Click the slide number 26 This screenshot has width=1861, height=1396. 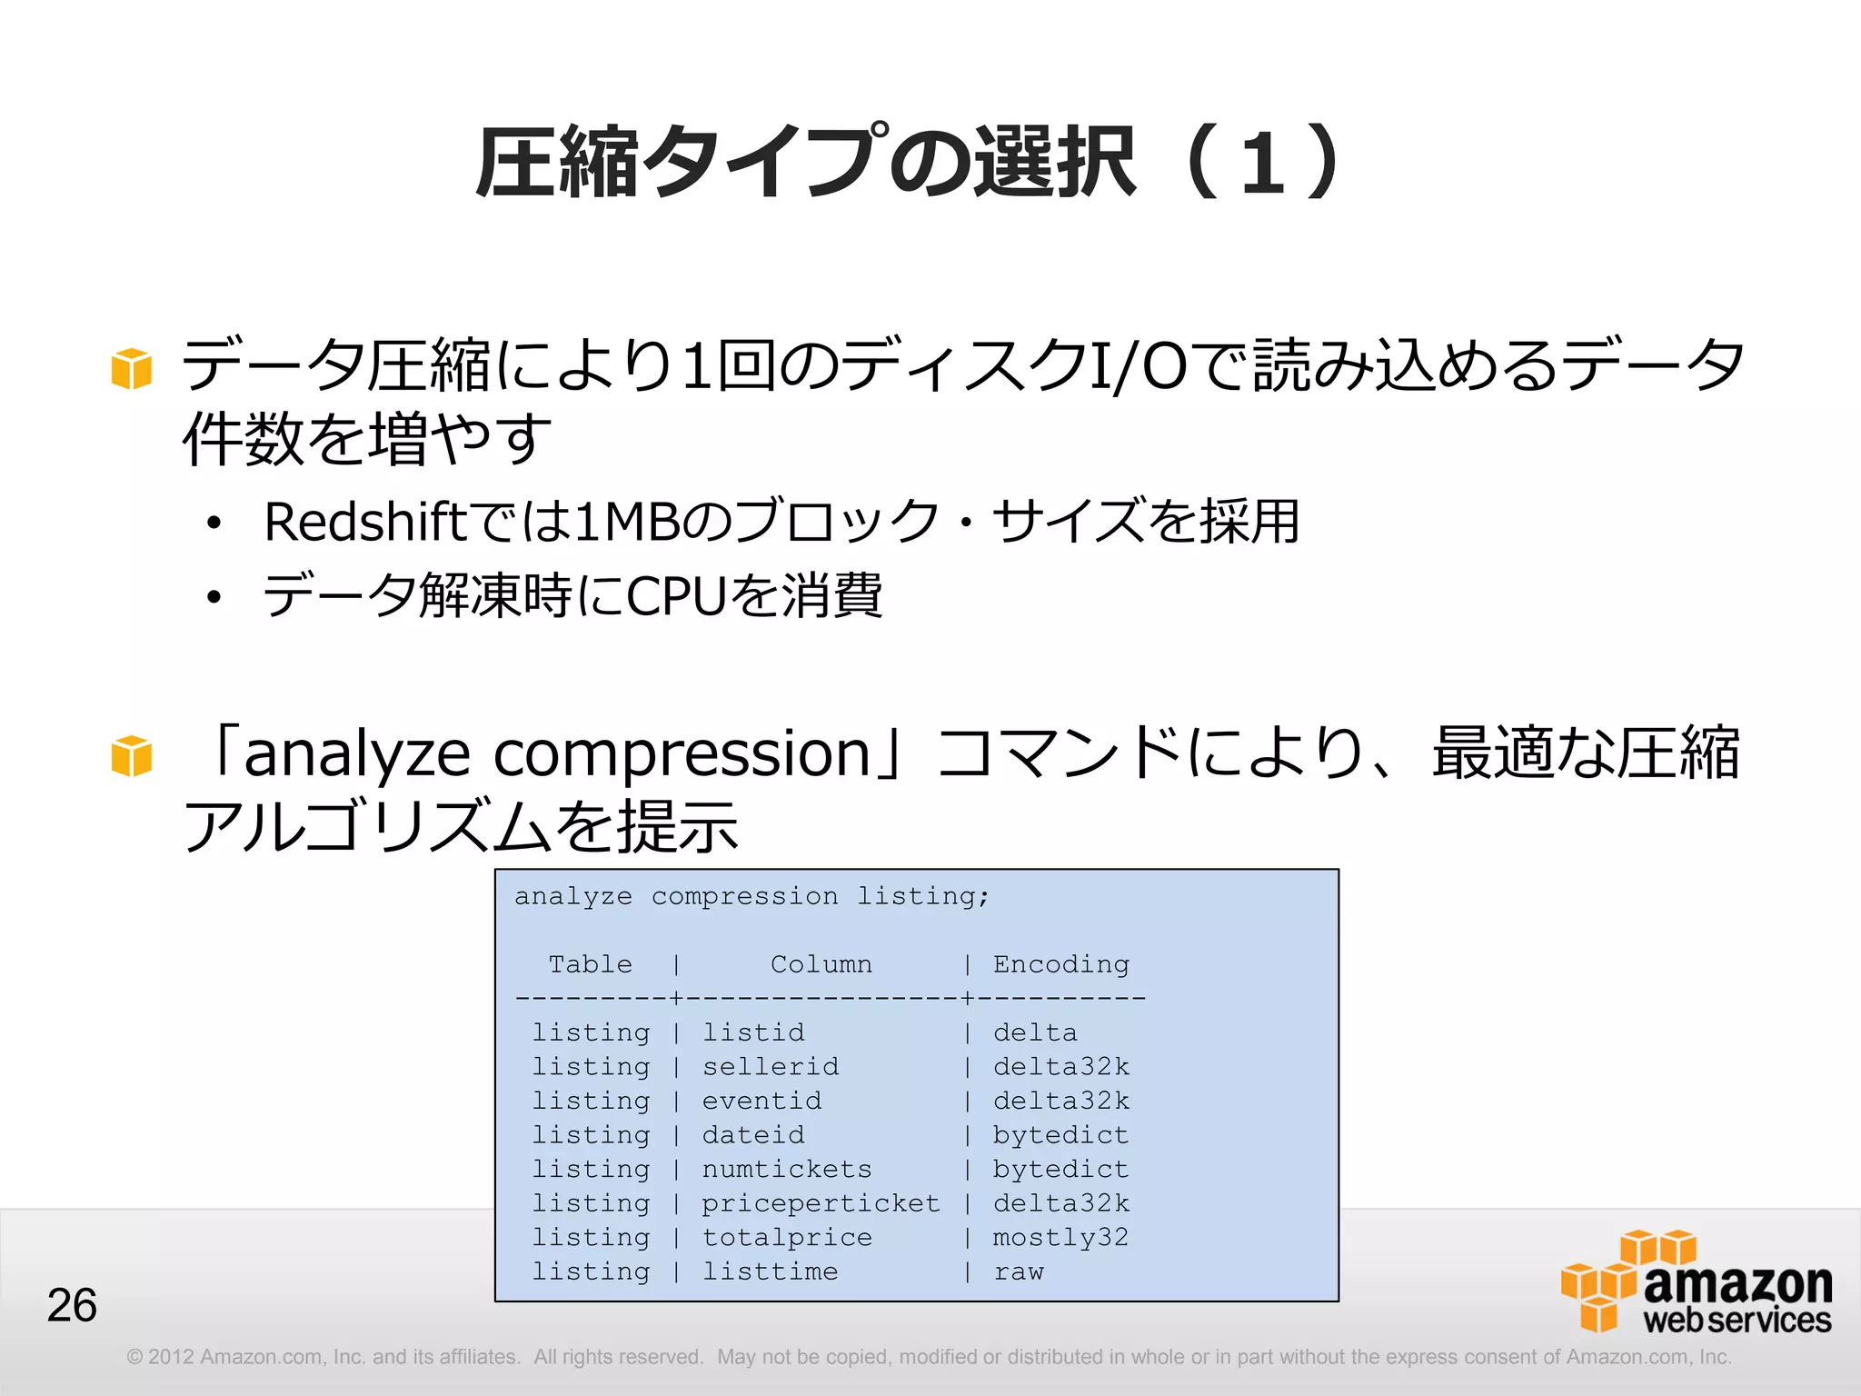click(72, 1305)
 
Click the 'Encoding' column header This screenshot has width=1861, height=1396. click(1060, 964)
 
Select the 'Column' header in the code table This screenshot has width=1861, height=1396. click(821, 964)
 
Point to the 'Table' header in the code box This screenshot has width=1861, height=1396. click(590, 964)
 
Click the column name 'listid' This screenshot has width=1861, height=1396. click(753, 1032)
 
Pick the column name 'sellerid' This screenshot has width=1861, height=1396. click(771, 1067)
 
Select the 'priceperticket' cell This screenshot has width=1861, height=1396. click(821, 1203)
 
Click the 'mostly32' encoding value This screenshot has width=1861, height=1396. click(1060, 1238)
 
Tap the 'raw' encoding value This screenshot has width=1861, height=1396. click(1019, 1271)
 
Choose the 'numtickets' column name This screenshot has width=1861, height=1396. click(787, 1170)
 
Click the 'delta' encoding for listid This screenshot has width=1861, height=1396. click(1035, 1032)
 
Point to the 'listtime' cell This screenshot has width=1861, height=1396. click(771, 1271)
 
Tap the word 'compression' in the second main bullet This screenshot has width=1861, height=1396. click(682, 754)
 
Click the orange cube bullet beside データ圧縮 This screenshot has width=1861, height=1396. click(131, 369)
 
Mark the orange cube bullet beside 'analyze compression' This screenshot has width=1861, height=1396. click(131, 756)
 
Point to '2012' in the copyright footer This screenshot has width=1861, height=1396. click(171, 1357)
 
